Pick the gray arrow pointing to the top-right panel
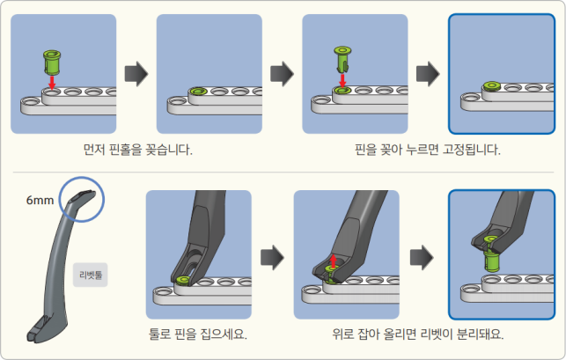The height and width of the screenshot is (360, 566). tap(427, 73)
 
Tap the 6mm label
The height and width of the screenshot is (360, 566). tap(40, 201)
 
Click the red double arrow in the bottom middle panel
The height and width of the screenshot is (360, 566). tap(333, 263)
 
